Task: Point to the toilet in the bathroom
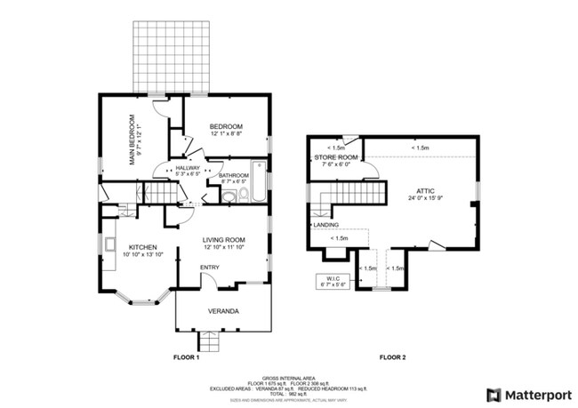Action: point(229,196)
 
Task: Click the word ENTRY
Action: point(210,268)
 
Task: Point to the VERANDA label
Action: point(222,311)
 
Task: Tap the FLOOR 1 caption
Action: point(185,357)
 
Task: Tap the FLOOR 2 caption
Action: point(392,357)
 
